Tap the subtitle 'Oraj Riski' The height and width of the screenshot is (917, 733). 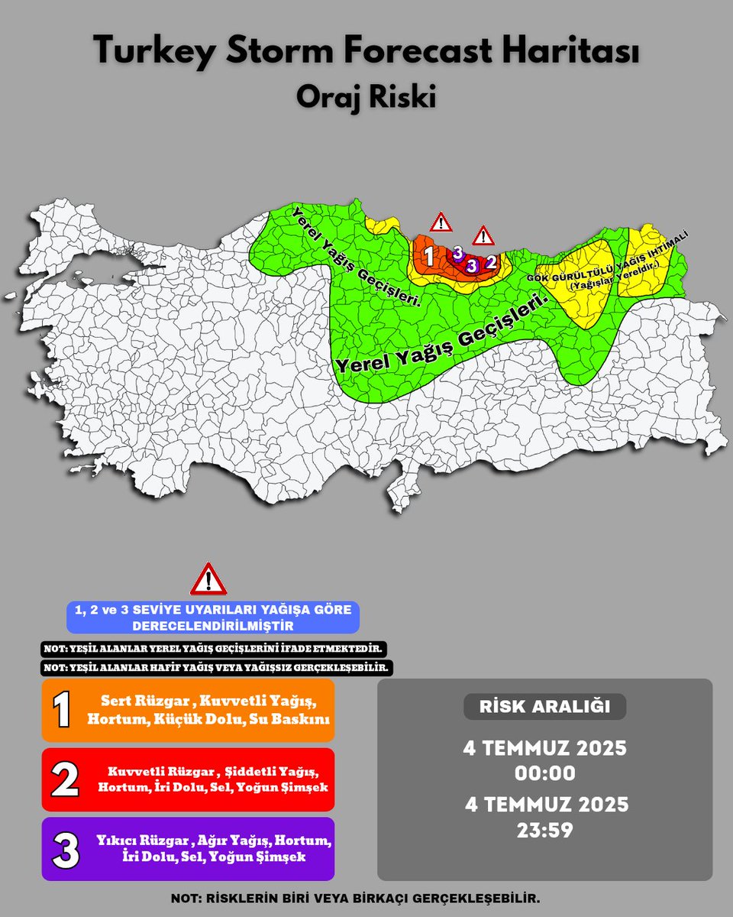[366, 99]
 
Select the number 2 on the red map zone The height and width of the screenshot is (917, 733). [491, 262]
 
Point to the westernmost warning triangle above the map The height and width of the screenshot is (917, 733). [441, 222]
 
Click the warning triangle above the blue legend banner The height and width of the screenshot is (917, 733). [208, 580]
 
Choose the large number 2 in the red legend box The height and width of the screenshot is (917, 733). [64, 779]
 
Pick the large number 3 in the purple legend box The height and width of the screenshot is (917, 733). [66, 850]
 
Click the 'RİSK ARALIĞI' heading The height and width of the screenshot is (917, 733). [544, 707]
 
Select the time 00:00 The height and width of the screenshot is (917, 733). [544, 773]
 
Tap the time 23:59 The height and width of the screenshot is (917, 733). [544, 829]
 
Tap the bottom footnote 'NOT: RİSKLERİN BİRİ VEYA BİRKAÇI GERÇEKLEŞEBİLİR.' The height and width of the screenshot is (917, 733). [366, 899]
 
